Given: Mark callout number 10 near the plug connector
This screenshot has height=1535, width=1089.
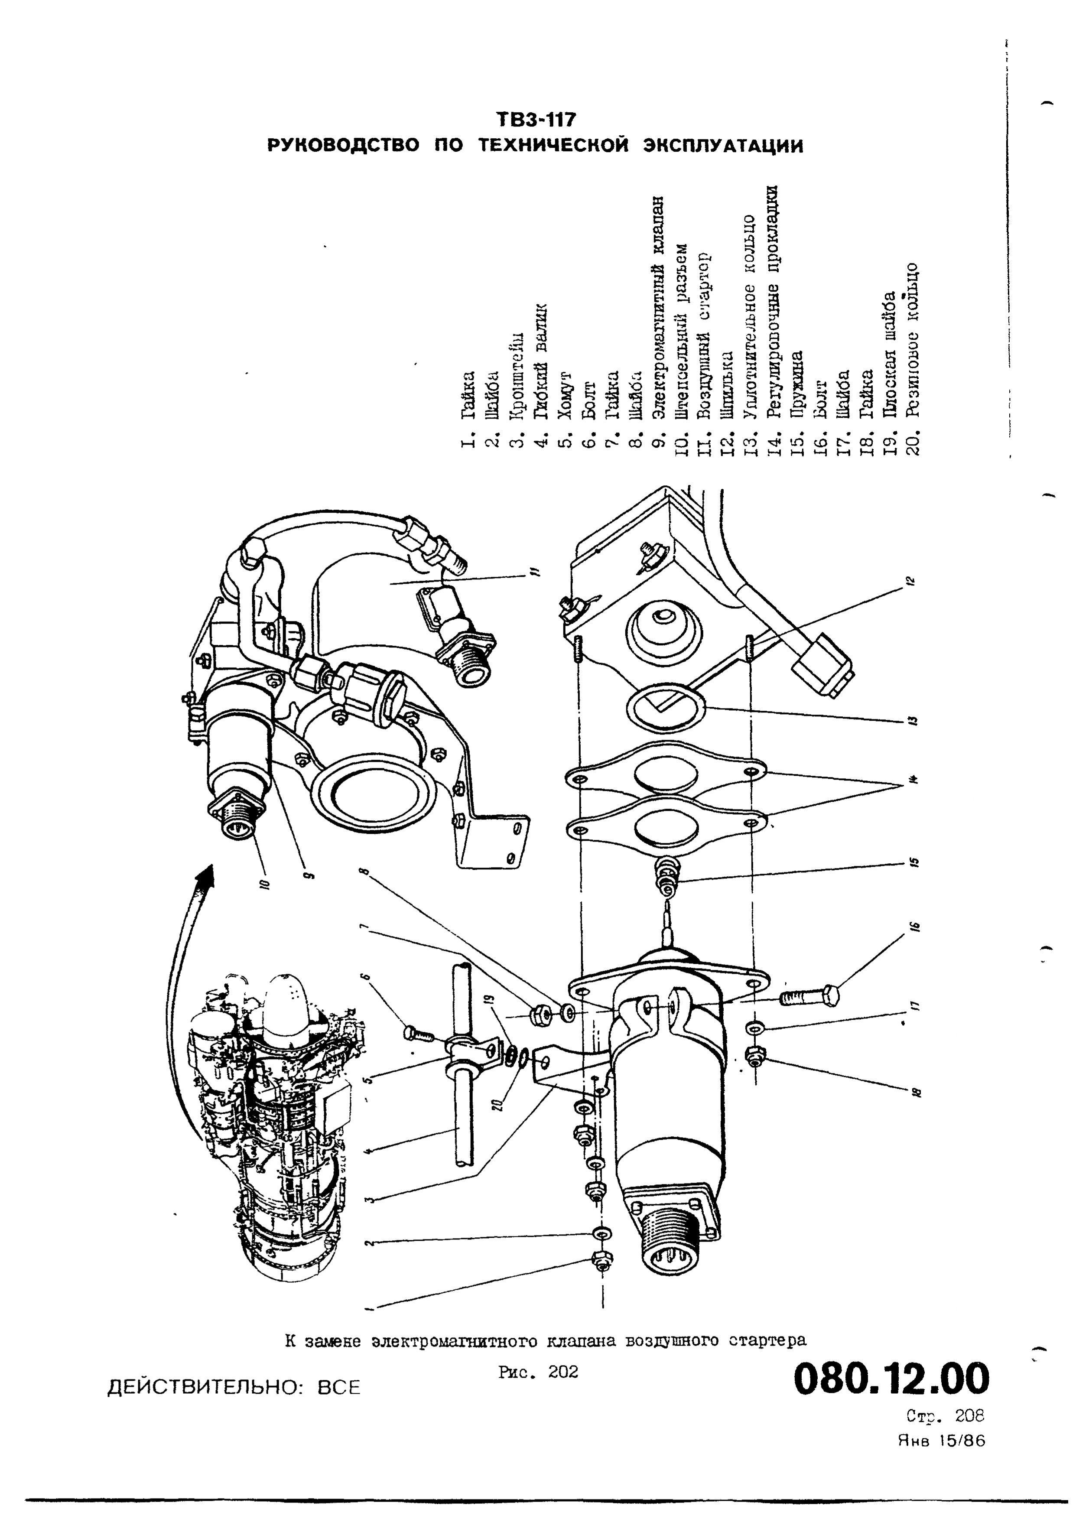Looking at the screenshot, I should [263, 883].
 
